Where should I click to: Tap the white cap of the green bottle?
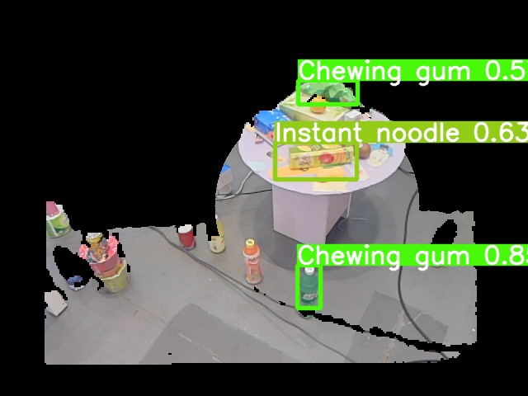tap(309, 269)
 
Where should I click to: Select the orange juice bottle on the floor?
tap(252, 262)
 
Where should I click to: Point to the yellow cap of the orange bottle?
tap(251, 243)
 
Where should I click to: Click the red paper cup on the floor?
tap(187, 236)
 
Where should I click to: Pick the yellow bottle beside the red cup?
tap(217, 243)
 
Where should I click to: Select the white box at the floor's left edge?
tap(55, 304)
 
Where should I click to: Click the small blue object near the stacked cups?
tap(77, 281)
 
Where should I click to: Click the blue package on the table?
tap(265, 122)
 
